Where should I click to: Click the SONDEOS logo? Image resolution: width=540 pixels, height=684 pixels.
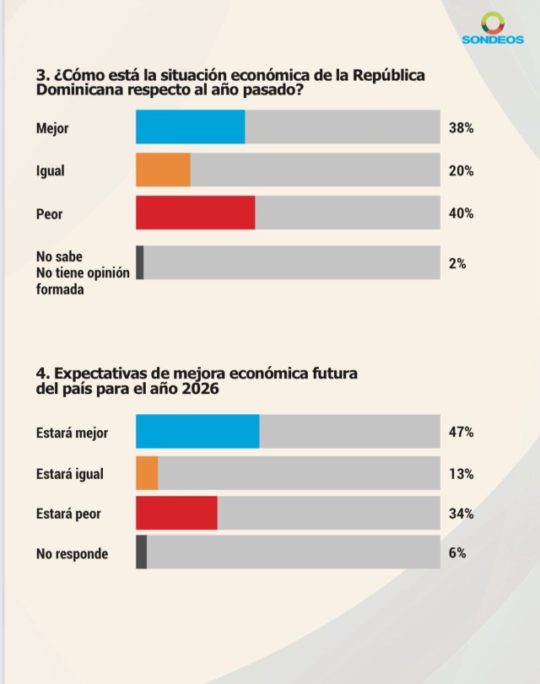(493, 30)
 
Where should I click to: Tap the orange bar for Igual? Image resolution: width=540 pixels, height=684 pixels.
(163, 170)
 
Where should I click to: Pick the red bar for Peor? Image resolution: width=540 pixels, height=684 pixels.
(196, 213)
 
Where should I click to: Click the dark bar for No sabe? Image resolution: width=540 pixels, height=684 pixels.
(140, 263)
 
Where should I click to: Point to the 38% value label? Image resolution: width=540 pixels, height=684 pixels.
(461, 128)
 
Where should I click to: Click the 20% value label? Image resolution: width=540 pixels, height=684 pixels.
(461, 170)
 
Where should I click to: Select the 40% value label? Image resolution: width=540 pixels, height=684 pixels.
(461, 213)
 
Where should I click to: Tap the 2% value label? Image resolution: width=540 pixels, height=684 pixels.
(457, 263)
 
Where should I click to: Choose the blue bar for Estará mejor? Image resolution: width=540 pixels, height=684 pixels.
(197, 432)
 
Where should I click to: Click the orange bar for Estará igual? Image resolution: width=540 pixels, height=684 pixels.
(147, 473)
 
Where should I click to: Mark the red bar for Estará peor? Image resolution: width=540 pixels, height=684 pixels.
(176, 514)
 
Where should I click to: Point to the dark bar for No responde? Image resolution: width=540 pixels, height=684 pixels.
(141, 552)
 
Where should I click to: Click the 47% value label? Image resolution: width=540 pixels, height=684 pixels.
(461, 432)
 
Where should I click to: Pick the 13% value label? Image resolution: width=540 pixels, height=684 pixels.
(461, 473)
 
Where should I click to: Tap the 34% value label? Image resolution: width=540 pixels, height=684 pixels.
(461, 514)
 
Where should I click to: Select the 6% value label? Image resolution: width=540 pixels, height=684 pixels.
(457, 552)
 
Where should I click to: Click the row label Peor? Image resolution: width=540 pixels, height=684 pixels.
(50, 213)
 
